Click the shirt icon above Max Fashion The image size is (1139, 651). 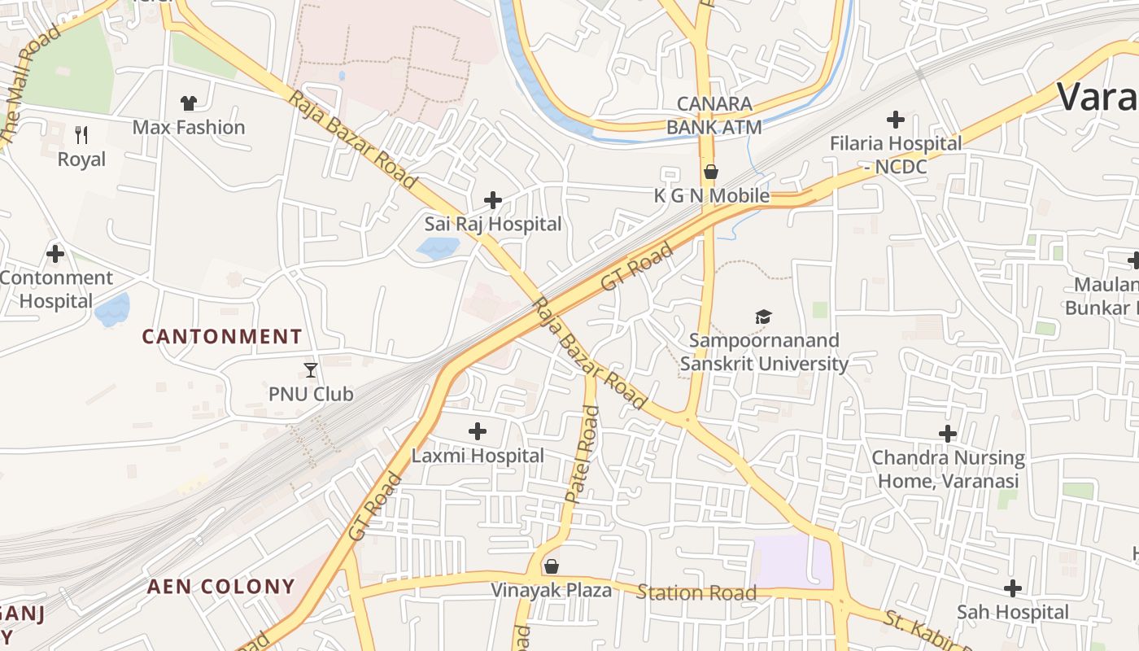(189, 103)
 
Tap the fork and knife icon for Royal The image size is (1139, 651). (81, 135)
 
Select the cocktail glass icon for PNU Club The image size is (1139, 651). (311, 370)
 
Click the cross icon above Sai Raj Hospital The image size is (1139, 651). (492, 199)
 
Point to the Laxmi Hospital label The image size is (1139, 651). (478, 456)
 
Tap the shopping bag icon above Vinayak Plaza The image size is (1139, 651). (552, 566)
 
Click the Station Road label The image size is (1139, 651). (696, 592)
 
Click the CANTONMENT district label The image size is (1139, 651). (222, 336)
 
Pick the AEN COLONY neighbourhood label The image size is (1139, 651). (220, 586)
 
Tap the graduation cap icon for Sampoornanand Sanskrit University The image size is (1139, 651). (763, 317)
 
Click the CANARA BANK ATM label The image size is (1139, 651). (714, 116)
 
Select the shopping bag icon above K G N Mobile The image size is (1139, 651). (711, 172)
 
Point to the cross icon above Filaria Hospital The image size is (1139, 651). (896, 120)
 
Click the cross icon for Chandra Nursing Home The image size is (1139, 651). (948, 434)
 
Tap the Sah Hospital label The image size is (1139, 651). (1013, 612)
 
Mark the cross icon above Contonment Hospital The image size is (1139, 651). (55, 254)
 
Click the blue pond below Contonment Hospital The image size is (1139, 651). (112, 310)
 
